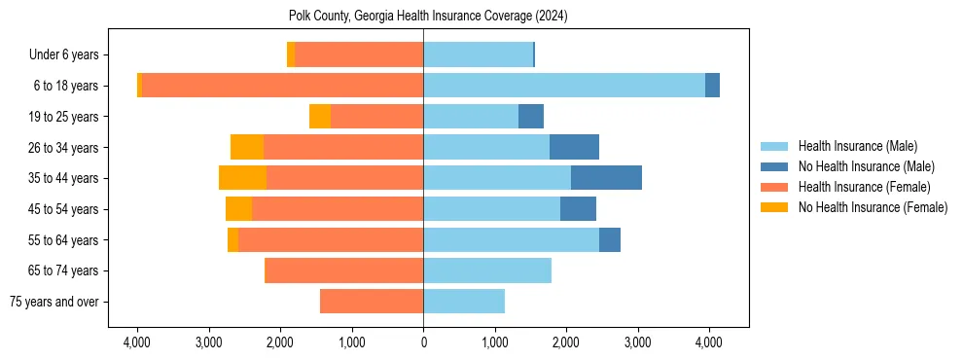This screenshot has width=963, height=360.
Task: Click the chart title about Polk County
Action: click(x=428, y=17)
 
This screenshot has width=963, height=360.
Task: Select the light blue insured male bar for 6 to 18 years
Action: click(x=564, y=86)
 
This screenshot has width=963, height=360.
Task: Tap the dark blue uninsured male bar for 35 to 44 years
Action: click(x=606, y=178)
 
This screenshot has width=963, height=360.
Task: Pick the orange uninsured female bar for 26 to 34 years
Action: click(x=247, y=147)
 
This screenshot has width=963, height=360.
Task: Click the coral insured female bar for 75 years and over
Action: click(x=372, y=302)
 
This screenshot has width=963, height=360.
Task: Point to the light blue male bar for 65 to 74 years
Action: click(x=487, y=270)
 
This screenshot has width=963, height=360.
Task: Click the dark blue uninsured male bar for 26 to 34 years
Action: click(x=574, y=147)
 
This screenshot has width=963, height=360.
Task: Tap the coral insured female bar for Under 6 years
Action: click(x=359, y=54)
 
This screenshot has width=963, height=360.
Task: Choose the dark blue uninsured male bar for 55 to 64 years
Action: click(x=610, y=239)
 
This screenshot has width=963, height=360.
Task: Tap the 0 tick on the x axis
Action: click(x=423, y=342)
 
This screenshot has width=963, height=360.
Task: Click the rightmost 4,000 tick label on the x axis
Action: click(x=709, y=342)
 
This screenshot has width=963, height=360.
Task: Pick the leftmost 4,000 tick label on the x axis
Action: click(x=137, y=342)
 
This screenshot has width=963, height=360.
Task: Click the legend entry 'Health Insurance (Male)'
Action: click(x=857, y=146)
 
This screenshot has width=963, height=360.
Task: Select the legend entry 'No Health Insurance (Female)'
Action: click(x=873, y=207)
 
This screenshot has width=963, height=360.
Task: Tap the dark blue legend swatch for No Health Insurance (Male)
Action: click(x=775, y=166)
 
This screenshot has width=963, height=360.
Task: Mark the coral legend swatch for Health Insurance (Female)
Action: click(x=775, y=187)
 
